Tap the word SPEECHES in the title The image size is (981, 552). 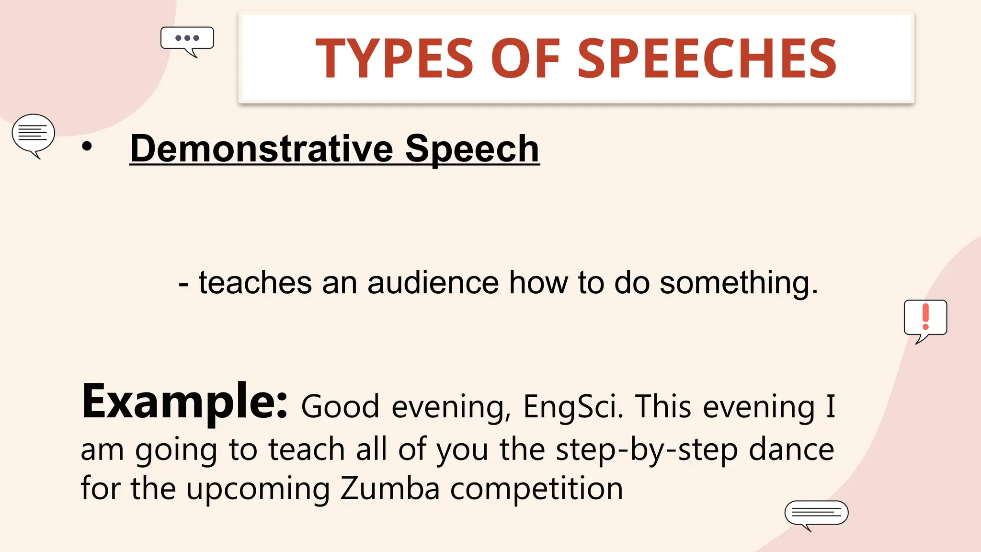[707, 58]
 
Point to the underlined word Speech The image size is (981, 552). [472, 149]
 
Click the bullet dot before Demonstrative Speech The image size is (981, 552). [87, 147]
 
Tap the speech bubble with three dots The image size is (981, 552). [187, 39]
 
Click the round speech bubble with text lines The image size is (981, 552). [33, 134]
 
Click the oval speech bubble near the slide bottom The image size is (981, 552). [816, 513]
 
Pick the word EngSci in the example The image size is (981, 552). [573, 406]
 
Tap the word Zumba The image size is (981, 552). [389, 489]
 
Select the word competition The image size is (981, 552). [536, 489]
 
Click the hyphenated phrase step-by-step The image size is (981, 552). [647, 450]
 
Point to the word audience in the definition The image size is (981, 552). [433, 283]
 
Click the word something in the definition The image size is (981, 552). [738, 284]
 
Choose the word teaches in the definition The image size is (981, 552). [255, 283]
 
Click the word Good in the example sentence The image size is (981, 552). [340, 406]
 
